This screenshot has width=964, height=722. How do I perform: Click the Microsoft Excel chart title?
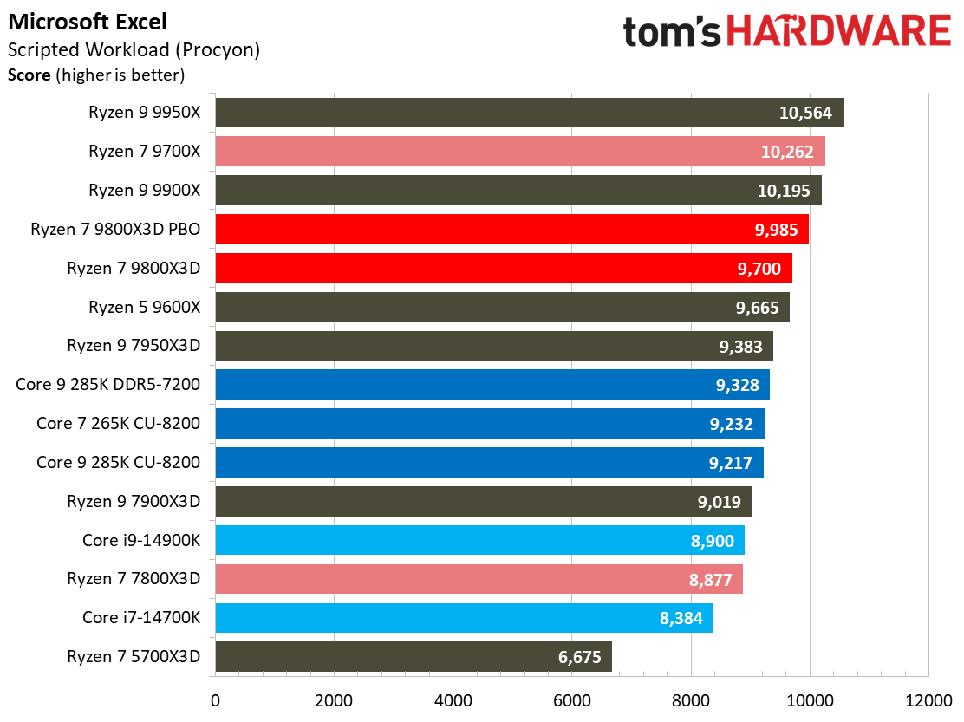[88, 22]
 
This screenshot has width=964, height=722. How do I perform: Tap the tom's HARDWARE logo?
[786, 32]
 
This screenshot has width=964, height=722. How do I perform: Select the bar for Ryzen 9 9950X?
[529, 113]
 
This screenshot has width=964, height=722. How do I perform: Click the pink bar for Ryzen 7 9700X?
[519, 152]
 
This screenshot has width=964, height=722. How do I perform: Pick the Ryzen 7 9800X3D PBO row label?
[115, 230]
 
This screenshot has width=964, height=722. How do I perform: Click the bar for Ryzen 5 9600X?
[502, 307]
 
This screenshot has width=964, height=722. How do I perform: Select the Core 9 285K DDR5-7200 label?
[108, 385]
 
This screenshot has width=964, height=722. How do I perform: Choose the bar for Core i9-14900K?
[479, 540]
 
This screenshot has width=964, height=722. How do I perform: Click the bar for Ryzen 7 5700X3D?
[413, 656]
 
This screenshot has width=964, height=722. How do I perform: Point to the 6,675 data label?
[580, 657]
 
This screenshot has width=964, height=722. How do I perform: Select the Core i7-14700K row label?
[141, 617]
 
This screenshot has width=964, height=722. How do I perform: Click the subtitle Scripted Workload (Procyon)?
[134, 50]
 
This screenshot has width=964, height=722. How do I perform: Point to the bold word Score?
[29, 75]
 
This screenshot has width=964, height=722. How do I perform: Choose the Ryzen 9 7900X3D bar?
[483, 501]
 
